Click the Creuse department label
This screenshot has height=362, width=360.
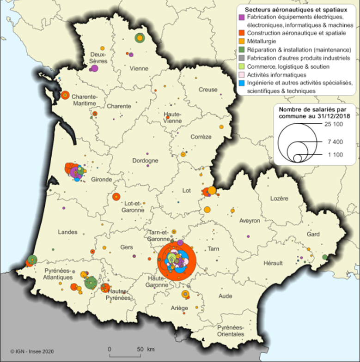tap(207, 90)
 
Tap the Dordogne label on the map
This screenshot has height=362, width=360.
tap(146, 161)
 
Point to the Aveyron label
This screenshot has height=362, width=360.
tap(250, 221)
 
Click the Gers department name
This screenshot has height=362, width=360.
tap(127, 247)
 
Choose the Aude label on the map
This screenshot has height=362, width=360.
tap(226, 296)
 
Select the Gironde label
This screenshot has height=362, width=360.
tap(102, 179)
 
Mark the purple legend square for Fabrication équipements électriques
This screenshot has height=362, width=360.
tap(242, 17)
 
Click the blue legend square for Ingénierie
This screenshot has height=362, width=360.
tap(242, 83)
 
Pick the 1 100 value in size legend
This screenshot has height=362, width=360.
tap(330, 155)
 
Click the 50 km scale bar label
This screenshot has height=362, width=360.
tap(143, 348)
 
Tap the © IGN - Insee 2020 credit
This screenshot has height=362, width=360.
tap(30, 351)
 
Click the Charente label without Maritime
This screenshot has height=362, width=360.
tap(119, 106)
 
